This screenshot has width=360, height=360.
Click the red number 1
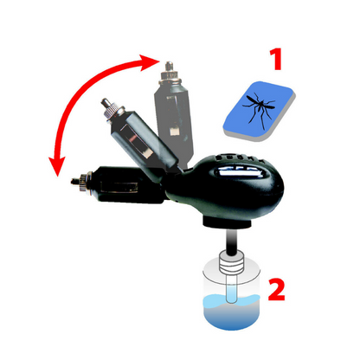click(x=274, y=61)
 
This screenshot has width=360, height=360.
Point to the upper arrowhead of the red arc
click(x=152, y=61)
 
